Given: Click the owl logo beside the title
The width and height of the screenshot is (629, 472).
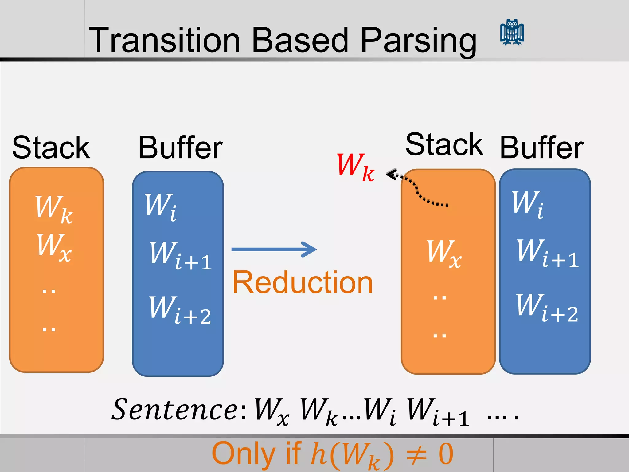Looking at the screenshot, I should coord(512,33).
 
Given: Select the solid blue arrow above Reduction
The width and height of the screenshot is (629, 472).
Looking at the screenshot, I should coord(274,249).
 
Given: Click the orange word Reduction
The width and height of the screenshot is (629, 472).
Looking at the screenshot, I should coord(303,282).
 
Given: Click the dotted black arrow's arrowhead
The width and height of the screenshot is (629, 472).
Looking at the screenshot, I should coord(391,175).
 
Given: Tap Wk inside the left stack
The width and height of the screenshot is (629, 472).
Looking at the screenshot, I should coord(54,209).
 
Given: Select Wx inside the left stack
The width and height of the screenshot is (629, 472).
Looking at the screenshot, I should coord(54,247).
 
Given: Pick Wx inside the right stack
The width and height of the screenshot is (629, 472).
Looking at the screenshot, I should coord(444,254).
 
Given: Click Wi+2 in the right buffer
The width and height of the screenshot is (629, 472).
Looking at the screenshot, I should coord(547,308).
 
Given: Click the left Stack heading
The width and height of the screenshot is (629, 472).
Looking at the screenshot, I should coord(51,148).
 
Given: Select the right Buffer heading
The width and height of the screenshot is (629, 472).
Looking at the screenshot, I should coord(541,148).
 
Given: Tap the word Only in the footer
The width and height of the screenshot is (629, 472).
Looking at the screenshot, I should coord(243,454).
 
